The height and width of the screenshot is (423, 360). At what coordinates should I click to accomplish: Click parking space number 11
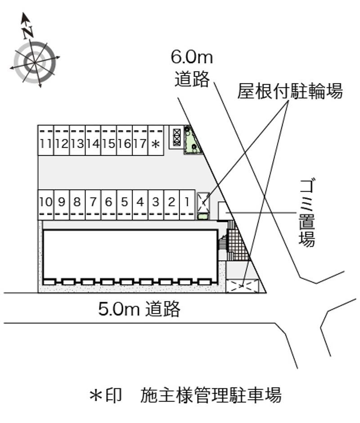pos(46,140)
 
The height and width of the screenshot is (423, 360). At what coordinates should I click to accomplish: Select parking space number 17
pos(140,140)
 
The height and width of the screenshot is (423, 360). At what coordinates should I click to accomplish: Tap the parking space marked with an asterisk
pos(156,140)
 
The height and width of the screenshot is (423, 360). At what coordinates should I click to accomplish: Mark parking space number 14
pos(93,140)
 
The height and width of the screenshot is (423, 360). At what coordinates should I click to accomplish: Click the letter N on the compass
pos(28,32)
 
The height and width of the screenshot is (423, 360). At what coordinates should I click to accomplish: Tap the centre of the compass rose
pos(35,62)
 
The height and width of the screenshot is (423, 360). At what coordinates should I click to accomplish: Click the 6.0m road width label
pos(192,57)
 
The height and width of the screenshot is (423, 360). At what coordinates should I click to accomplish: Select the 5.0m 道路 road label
pos(139,309)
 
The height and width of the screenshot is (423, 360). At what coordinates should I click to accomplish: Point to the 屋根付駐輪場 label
pos(290,91)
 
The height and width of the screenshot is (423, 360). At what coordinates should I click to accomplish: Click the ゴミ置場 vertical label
pos(307,213)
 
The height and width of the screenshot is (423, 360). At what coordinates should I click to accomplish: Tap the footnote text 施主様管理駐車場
pos(211,396)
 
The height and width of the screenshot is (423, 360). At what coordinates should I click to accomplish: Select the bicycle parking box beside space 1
pos(203,202)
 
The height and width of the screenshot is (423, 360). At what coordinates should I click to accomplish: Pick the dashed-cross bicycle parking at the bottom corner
pos(242,286)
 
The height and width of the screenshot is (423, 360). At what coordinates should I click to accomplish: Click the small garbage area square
pos(224,211)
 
